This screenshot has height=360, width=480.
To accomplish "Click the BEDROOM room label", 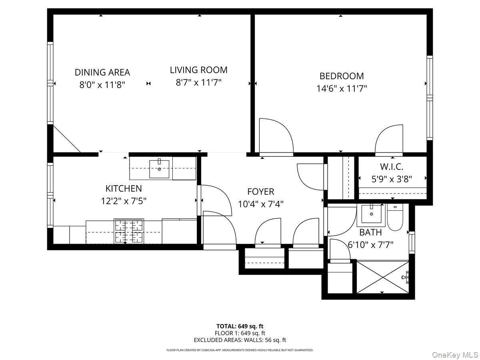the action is click(x=342, y=76).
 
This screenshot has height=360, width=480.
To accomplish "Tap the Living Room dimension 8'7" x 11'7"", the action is click(x=198, y=83).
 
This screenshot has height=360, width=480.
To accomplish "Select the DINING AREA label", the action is click(x=102, y=72).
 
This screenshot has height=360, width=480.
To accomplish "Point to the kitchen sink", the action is click(x=159, y=169).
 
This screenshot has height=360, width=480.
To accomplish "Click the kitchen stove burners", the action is click(x=129, y=231).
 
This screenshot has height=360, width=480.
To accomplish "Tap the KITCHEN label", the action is click(x=124, y=188).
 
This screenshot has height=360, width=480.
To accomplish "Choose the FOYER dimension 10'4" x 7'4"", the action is click(x=261, y=204).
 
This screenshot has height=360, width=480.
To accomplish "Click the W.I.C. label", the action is click(x=392, y=167).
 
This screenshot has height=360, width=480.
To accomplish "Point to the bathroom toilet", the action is click(x=395, y=217).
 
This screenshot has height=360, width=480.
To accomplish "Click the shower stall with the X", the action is click(x=382, y=277).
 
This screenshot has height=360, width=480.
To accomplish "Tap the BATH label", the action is click(x=370, y=232).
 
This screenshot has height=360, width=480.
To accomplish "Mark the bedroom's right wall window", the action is click(x=430, y=98).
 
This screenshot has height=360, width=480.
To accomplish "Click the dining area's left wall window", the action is click(x=50, y=83).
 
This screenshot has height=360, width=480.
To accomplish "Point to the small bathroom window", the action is click(x=412, y=242).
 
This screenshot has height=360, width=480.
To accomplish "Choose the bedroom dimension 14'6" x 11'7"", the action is click(x=342, y=89).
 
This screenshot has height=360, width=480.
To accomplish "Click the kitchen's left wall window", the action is click(x=50, y=195).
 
